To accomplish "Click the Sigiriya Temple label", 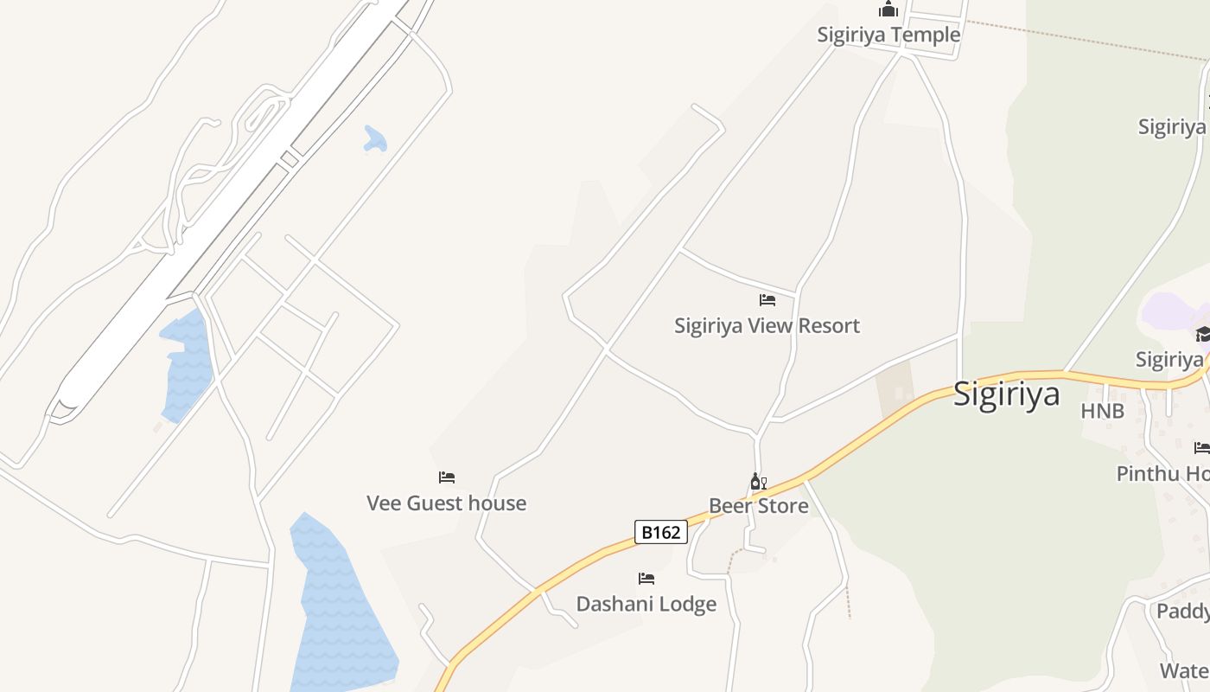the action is [x=888, y=35].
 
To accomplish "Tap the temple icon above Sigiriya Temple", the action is [x=888, y=10].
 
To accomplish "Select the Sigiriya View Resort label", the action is [x=767, y=326].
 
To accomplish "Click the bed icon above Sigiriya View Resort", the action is [x=767, y=300].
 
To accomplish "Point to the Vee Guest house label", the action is [x=446, y=503].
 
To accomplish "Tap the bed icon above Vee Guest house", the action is [x=447, y=477].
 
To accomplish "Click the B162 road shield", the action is [x=661, y=532].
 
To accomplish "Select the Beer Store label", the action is [x=758, y=506].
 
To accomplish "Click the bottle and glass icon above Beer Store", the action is [x=758, y=481].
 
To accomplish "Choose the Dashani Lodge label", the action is [x=646, y=604].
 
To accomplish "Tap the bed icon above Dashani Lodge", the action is [x=646, y=578].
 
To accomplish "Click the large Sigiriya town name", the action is [x=1006, y=394].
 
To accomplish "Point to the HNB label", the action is [x=1102, y=412].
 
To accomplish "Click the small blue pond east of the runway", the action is [x=374, y=139].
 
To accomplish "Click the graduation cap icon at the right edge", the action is [x=1202, y=334].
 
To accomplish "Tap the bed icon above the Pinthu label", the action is [x=1201, y=448].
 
